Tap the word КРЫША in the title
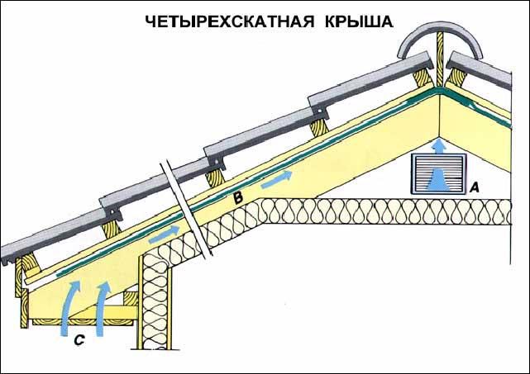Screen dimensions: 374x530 (x=354, y=21)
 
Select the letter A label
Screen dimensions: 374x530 (x=475, y=187)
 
